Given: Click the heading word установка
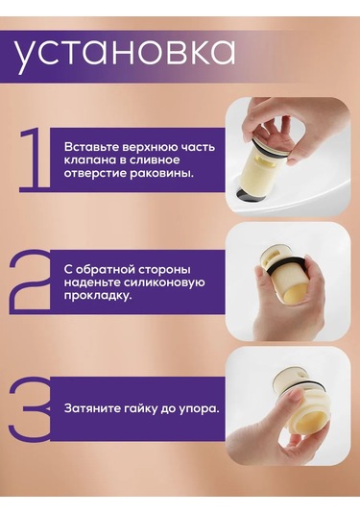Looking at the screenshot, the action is pyautogui.click(x=124, y=54).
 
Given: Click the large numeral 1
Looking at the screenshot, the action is pyautogui.click(x=36, y=159).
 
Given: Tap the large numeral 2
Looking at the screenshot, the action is pyautogui.click(x=30, y=282).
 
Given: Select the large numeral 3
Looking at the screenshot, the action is pyautogui.click(x=31, y=408).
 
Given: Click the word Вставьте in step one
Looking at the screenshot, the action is pyautogui.click(x=91, y=147).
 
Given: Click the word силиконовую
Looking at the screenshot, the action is pyautogui.click(x=160, y=282).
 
